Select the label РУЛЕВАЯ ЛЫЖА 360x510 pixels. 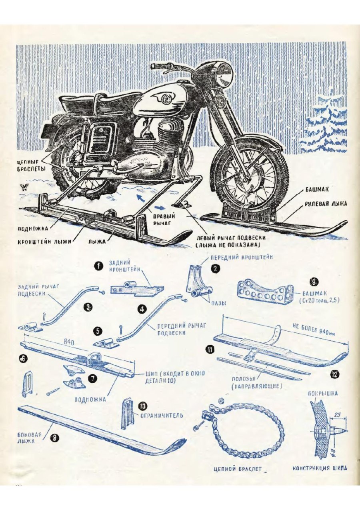(x=326, y=203)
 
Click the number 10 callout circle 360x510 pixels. (x=142, y=406)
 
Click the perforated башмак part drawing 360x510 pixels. (x=264, y=294)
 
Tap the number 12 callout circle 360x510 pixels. (x=335, y=375)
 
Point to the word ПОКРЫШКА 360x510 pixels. (x=323, y=393)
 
